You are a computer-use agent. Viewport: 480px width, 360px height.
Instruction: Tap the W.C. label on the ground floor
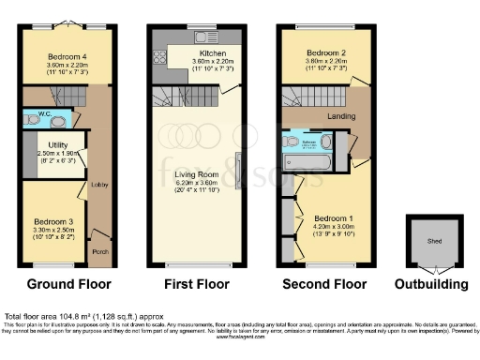click(x=36, y=119)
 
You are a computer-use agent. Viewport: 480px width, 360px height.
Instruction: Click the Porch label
click(x=99, y=251)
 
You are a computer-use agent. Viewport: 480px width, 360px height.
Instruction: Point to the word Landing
click(x=339, y=115)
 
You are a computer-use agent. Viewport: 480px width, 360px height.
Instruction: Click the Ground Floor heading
click(x=68, y=284)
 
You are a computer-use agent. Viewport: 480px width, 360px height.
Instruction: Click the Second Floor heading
click(x=324, y=284)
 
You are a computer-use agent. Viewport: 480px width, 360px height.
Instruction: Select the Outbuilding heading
click(x=430, y=284)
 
